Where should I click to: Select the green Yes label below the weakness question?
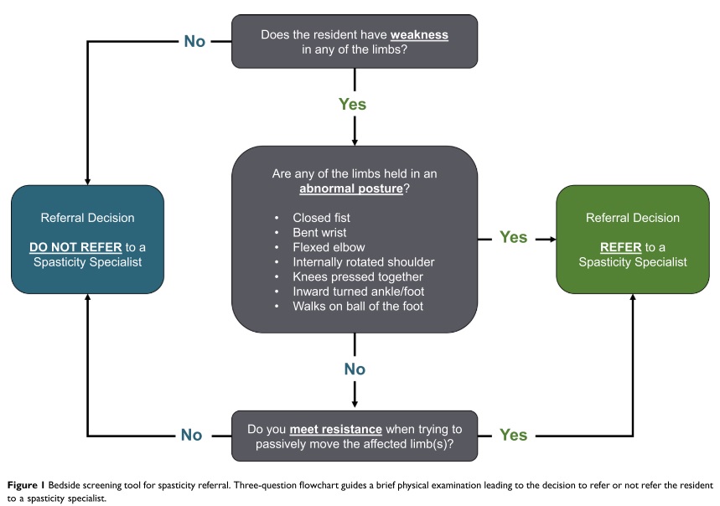click(353, 105)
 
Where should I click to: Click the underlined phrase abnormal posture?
click(351, 190)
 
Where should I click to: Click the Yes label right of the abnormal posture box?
click(514, 238)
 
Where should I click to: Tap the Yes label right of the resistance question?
click(514, 435)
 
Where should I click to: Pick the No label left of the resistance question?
click(192, 435)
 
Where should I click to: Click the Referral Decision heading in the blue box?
click(87, 218)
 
